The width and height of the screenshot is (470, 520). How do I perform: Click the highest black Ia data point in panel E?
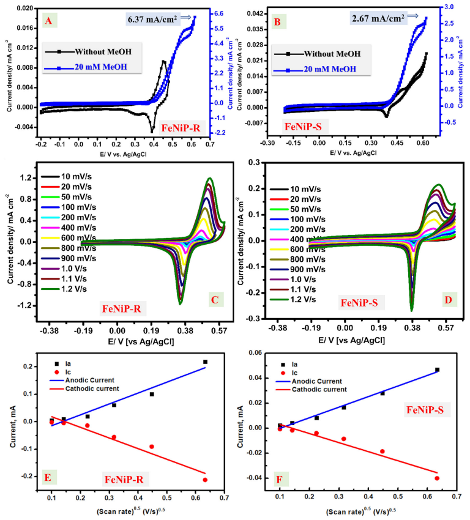[x=205, y=362]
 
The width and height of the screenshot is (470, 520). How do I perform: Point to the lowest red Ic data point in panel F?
[x=436, y=478]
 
